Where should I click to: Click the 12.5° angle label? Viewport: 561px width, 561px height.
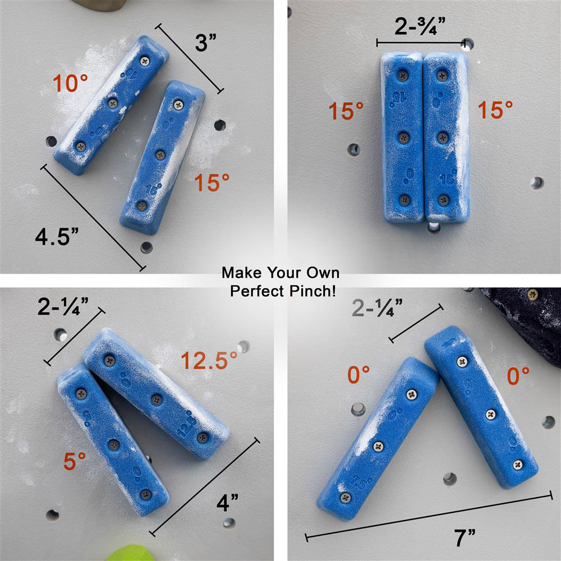click(205, 360)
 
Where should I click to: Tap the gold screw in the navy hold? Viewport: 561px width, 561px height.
click(532, 293)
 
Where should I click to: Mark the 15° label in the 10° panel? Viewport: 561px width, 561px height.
click(212, 182)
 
